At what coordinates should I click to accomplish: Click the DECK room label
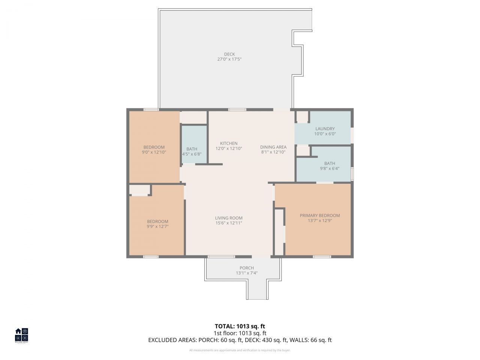229,54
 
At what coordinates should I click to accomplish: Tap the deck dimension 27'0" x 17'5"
229,59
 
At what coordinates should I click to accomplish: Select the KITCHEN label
229,143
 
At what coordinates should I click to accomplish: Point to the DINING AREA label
273,147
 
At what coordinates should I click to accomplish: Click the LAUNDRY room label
325,129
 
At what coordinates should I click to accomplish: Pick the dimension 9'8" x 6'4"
330,168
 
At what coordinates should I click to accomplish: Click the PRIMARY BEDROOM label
319,215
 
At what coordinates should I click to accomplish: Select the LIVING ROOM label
229,218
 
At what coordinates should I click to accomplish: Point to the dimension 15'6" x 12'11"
229,223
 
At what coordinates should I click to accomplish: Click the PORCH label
246,268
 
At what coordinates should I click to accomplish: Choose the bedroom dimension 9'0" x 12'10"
154,152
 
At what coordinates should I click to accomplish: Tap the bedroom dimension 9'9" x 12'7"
157,226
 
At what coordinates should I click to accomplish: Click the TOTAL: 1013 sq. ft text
240,326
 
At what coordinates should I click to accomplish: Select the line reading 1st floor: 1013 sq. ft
240,333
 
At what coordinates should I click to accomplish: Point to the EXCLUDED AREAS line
240,340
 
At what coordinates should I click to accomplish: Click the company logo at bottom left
21,335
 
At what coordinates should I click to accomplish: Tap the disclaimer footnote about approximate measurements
240,350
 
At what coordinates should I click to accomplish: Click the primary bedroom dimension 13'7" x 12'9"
319,220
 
